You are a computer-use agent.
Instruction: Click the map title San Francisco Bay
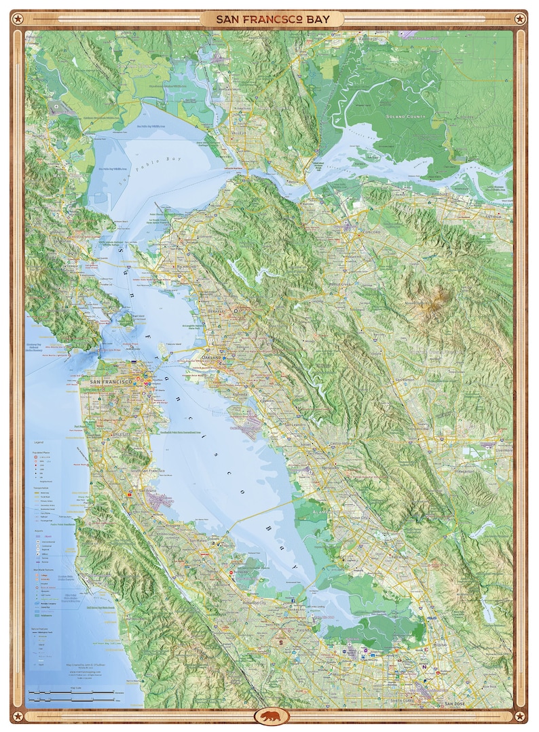pos(272,19)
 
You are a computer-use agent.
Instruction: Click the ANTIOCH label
pos(500,217)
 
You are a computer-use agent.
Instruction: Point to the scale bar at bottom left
pos(71,694)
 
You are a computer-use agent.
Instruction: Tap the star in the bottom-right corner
pos(519,716)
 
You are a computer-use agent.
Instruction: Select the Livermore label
pos(502,449)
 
